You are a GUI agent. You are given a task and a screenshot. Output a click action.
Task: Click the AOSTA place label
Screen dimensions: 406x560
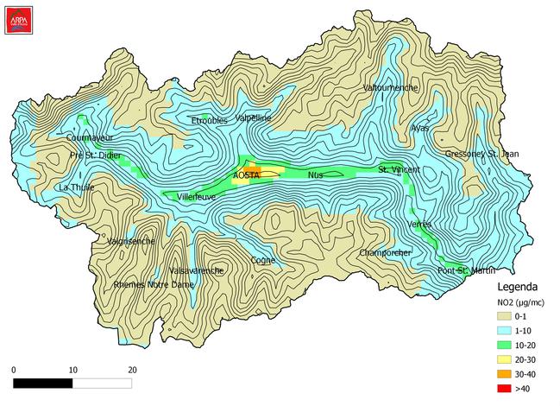[x=246, y=175]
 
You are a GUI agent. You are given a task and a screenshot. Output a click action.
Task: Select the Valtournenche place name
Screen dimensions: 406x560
[x=392, y=88]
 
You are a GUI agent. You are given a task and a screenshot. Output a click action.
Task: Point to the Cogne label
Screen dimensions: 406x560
[x=262, y=259]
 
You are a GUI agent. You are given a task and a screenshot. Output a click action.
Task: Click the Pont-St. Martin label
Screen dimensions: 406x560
[x=465, y=271]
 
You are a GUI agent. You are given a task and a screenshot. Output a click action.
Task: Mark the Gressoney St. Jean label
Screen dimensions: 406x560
[x=482, y=154]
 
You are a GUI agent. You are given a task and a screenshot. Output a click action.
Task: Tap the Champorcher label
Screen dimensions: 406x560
[x=385, y=252]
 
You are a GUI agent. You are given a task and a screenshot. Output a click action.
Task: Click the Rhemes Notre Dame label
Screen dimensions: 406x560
[x=154, y=284]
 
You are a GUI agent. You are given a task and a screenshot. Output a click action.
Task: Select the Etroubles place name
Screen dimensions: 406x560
[x=209, y=120]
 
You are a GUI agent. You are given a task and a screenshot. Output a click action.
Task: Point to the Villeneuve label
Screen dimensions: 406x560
[x=196, y=196]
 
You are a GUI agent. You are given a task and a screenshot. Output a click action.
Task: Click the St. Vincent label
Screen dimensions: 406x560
[x=399, y=169]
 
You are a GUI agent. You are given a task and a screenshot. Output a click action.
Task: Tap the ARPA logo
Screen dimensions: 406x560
[x=17, y=19]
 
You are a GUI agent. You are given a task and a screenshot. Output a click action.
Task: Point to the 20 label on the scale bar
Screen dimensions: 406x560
[x=132, y=370]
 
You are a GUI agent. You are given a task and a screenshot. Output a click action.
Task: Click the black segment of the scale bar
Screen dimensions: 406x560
[x=43, y=383]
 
